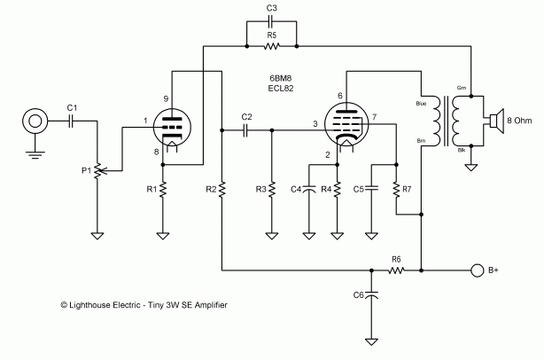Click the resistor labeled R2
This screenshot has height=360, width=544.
pyautogui.click(x=221, y=190)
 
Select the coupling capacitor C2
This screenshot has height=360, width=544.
pyautogui.click(x=246, y=129)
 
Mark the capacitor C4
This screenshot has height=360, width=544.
pyautogui.click(x=309, y=189)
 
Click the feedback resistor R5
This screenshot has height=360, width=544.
pyautogui.click(x=272, y=45)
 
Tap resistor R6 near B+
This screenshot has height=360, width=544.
pyautogui.click(x=396, y=270)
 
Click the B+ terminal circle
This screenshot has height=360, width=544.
pyautogui.click(x=478, y=270)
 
